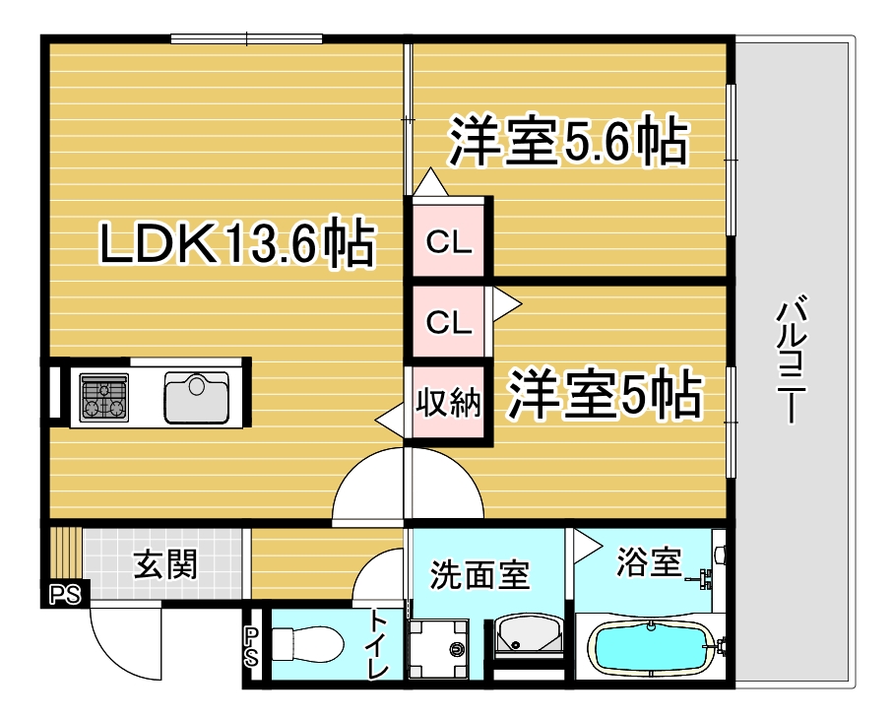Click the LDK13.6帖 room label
click(x=237, y=242)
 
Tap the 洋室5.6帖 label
click(x=568, y=141)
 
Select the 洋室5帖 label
click(x=605, y=394)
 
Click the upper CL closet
click(x=449, y=241)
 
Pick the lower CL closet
click(x=449, y=321)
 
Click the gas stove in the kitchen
click(x=103, y=397)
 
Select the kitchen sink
click(x=197, y=397)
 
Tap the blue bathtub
click(x=651, y=649)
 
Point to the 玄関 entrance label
click(x=165, y=564)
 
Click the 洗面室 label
click(x=479, y=574)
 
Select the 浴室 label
click(x=649, y=561)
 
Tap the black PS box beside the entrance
click(x=66, y=594)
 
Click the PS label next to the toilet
click(x=251, y=647)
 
